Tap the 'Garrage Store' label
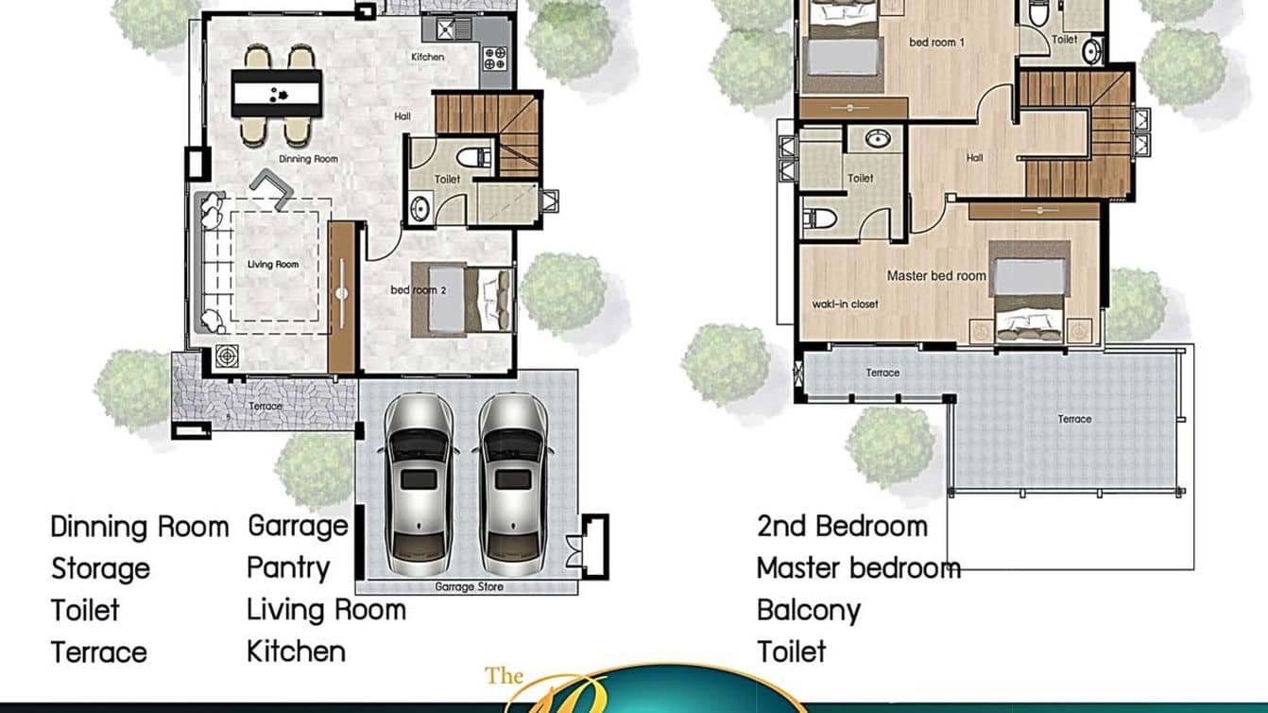[469, 587]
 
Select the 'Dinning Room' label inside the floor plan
[308, 159]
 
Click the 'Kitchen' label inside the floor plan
[427, 58]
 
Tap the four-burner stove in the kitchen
[495, 59]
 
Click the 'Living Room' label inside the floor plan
[273, 265]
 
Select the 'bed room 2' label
[418, 289]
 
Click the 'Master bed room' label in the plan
[936, 276]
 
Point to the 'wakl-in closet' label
[845, 304]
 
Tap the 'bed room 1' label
[936, 43]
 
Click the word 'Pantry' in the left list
[288, 567]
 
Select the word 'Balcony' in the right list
[808, 610]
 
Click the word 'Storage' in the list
[100, 568]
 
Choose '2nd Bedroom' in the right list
[842, 526]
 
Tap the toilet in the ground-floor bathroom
[472, 156]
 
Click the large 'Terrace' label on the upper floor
[1074, 419]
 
